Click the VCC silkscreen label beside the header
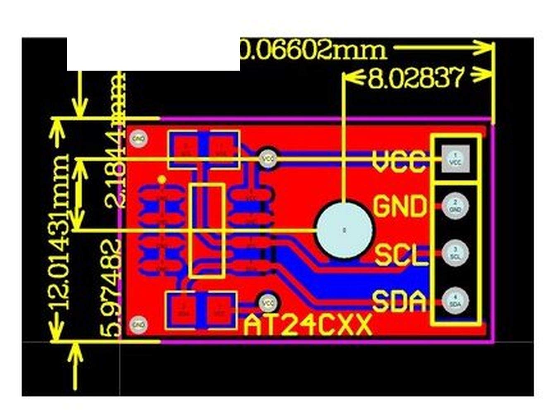[399, 161]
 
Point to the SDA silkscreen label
[399, 301]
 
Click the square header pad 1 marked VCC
[455, 159]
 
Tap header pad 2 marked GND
[455, 205]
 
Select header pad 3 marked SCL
[455, 253]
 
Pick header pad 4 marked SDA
[455, 301]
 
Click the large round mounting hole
[344, 230]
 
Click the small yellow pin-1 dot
[162, 180]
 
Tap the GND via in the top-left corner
[139, 139]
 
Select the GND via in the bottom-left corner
[139, 325]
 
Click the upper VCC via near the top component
[268, 158]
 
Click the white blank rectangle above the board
[153, 54]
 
